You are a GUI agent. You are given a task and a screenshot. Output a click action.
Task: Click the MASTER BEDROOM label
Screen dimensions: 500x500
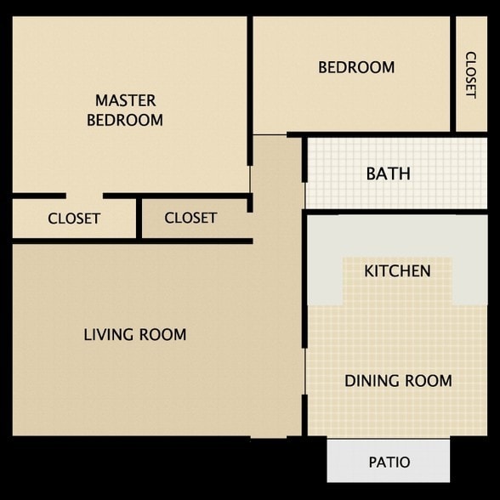(x=125, y=110)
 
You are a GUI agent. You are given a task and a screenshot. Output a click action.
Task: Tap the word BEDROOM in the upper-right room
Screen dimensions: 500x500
(x=356, y=67)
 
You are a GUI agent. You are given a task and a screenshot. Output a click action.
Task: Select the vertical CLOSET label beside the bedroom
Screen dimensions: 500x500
(x=471, y=75)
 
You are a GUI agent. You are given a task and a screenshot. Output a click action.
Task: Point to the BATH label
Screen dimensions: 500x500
(x=389, y=173)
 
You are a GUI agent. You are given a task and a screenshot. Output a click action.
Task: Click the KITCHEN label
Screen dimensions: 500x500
(x=397, y=271)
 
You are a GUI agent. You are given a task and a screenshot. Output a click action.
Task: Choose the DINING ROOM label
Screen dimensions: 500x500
(x=398, y=381)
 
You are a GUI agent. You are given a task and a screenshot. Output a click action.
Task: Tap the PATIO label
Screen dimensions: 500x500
(x=389, y=462)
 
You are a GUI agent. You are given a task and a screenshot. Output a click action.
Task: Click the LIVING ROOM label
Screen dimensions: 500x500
(x=135, y=335)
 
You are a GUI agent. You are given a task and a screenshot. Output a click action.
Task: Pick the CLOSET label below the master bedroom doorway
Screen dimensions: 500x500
(x=74, y=219)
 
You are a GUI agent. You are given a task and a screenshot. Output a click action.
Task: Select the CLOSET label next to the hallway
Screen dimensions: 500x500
(x=190, y=218)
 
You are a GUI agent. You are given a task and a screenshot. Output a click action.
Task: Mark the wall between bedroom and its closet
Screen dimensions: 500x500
(x=452, y=74)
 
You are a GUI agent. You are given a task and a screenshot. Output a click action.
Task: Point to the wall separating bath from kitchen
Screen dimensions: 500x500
(x=395, y=212)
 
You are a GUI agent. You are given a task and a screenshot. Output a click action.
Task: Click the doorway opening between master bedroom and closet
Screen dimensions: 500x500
(x=84, y=196)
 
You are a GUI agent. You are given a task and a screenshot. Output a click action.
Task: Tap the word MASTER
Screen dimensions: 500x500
(x=126, y=100)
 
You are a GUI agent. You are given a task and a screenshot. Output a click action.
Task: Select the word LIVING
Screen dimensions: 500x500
(x=109, y=335)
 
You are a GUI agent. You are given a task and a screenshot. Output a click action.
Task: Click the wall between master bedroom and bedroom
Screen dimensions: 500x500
(x=250, y=91)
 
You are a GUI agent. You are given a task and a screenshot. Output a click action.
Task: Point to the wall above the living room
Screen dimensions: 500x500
(x=133, y=241)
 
